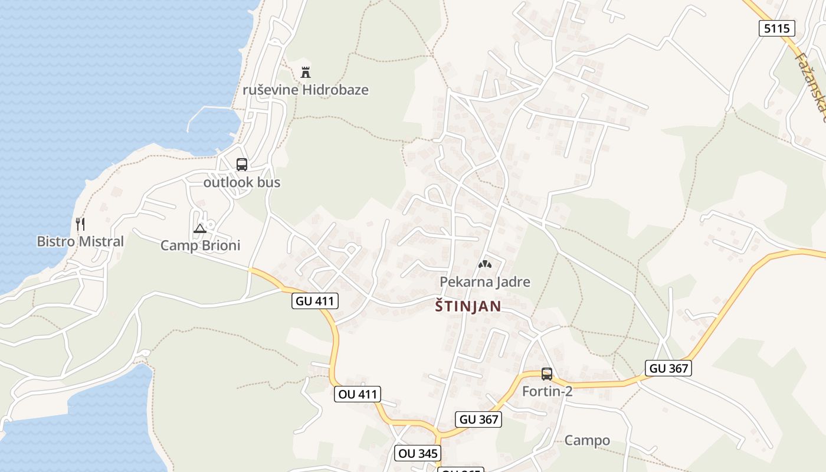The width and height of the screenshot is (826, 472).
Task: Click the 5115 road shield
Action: point(776,28)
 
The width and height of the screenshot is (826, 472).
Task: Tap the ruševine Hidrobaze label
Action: point(306,90)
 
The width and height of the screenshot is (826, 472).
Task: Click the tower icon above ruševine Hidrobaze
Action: point(306,73)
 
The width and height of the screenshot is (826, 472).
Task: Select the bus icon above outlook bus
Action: point(242,165)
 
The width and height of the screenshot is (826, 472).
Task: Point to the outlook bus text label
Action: point(242,183)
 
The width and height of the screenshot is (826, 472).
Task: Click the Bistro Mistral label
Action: point(80,241)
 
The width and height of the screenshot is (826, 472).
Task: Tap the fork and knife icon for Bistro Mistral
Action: point(80,224)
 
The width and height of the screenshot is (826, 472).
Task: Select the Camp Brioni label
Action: point(201,245)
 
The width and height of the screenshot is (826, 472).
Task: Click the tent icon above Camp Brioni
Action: point(200,228)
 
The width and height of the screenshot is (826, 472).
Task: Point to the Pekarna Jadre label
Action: point(485,282)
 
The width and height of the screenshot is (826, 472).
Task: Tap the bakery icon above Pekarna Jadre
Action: point(484,264)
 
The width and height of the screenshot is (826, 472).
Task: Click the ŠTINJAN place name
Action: point(468,306)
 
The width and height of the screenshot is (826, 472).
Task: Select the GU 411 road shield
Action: point(315,301)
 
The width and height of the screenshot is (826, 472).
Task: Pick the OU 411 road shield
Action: point(357,394)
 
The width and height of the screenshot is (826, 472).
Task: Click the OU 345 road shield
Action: point(418,453)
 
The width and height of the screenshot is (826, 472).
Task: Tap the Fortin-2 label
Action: point(547,391)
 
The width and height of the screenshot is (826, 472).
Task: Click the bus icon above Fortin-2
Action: point(547,373)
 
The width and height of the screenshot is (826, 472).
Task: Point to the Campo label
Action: point(587,440)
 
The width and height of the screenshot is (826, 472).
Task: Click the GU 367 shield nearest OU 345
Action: point(479,419)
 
